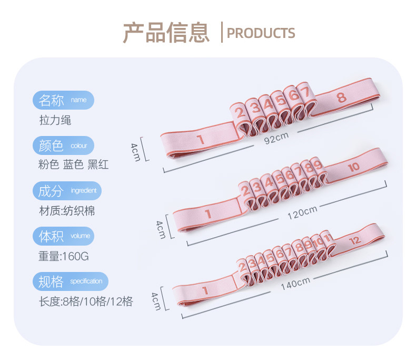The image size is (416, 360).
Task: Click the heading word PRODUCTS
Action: pyautogui.click(x=261, y=33)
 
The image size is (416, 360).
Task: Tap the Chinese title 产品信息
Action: pyautogui.click(x=166, y=32)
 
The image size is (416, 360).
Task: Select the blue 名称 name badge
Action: pyautogui.click(x=63, y=100)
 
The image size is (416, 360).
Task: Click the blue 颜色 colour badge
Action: pyautogui.click(x=63, y=145)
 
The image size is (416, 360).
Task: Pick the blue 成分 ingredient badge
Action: pyautogui.click(x=67, y=190)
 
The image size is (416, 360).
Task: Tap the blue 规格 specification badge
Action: pyautogui.click(x=71, y=281)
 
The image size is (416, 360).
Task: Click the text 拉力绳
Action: pyautogui.click(x=55, y=120)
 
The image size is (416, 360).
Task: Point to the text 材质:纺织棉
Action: pyautogui.click(x=67, y=211)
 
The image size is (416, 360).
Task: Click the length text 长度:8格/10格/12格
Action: pyautogui.click(x=86, y=302)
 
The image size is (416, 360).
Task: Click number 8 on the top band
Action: pyautogui.click(x=341, y=97)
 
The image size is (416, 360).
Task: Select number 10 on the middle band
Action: pyautogui.click(x=353, y=167)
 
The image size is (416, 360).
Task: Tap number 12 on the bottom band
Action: pyautogui.click(x=355, y=240)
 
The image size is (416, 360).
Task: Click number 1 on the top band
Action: pyautogui.click(x=200, y=140)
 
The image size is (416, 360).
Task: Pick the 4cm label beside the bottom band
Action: pyautogui.click(x=155, y=301)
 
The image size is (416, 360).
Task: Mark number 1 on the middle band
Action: pyautogui.click(x=208, y=214)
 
